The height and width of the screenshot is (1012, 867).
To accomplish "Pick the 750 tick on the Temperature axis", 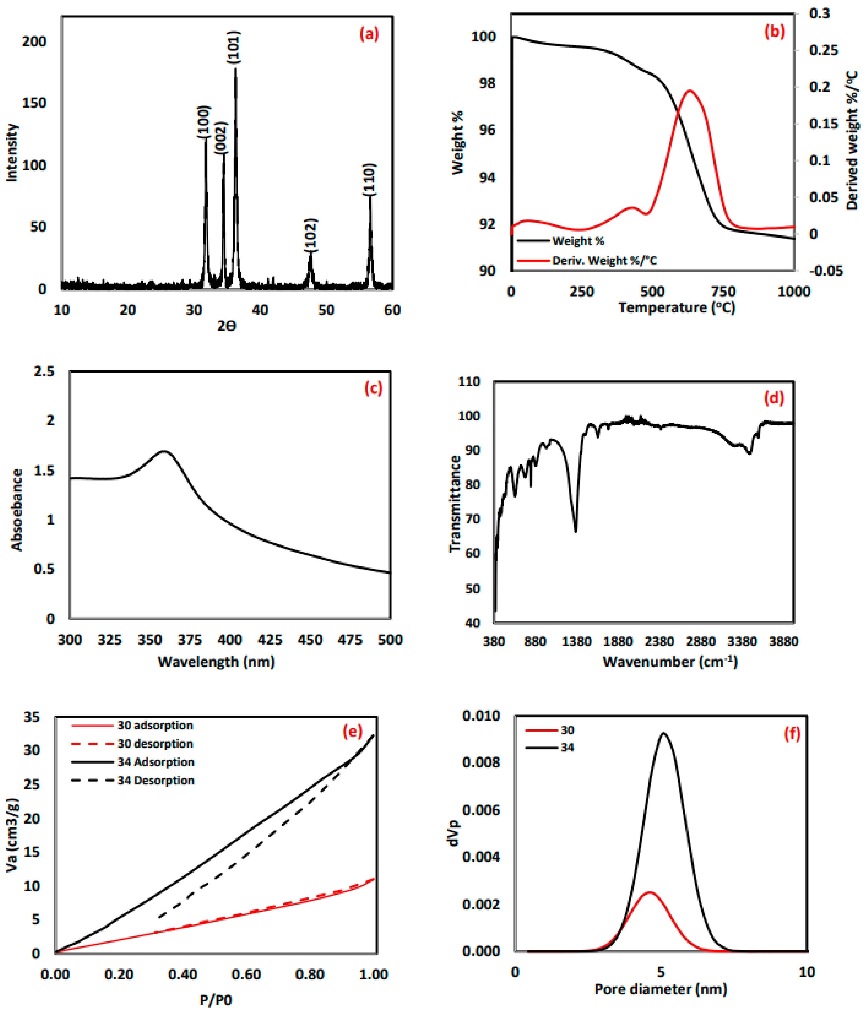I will point(723,292).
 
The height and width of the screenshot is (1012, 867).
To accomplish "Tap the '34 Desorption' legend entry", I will point(156,780).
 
